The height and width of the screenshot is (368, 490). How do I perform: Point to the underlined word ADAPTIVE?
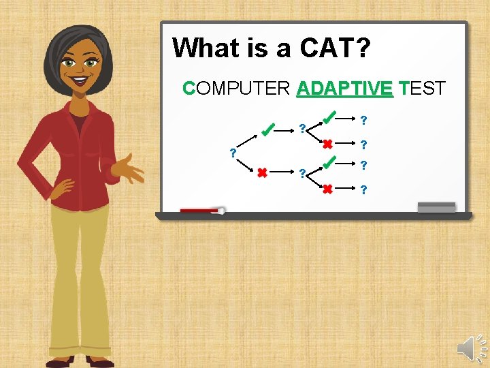click(x=345, y=89)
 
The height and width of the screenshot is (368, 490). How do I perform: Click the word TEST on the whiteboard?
click(x=423, y=89)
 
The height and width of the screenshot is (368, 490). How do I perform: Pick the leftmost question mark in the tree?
click(x=233, y=152)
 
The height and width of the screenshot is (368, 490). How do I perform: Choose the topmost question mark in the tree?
click(x=364, y=121)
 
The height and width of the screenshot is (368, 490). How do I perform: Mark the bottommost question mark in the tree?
click(x=364, y=189)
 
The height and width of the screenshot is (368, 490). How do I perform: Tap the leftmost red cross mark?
click(x=261, y=173)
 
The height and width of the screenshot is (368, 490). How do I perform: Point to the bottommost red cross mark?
click(x=327, y=189)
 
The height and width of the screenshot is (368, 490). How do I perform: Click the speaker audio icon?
click(x=470, y=348)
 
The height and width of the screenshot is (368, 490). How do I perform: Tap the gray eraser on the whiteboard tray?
click(x=436, y=206)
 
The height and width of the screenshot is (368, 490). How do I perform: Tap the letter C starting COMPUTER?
click(x=189, y=89)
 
